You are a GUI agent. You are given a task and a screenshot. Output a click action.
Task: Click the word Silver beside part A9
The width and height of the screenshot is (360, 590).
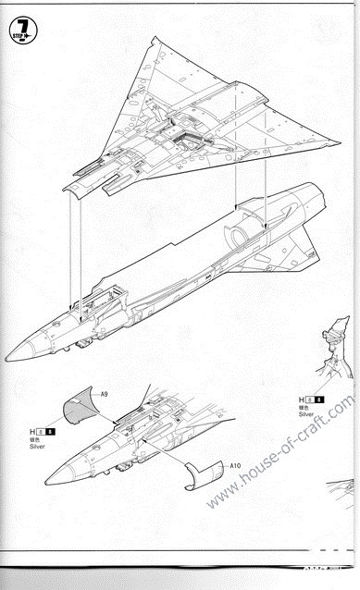tap(36, 447)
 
